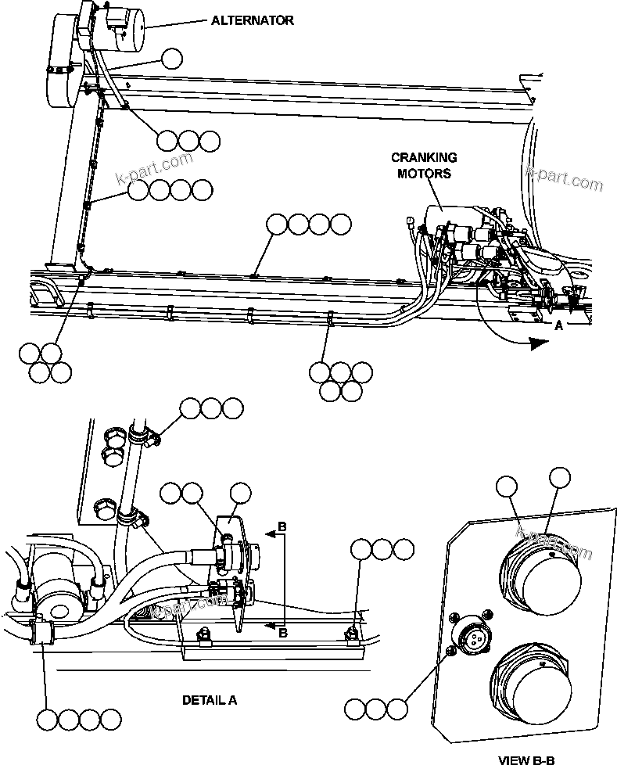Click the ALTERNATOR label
(x=253, y=20)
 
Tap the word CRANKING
(x=424, y=158)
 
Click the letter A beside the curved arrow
(x=558, y=329)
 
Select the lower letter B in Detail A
(x=283, y=633)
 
